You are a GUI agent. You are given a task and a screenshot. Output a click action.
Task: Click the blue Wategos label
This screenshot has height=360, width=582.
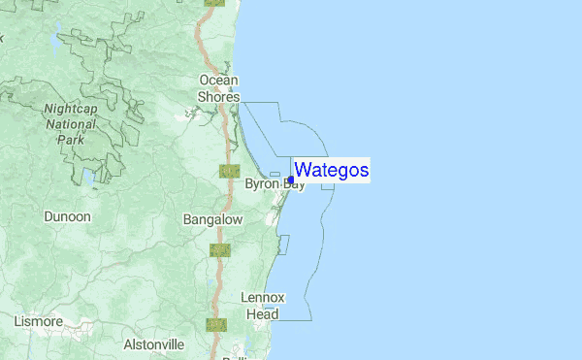pyautogui.click(x=331, y=171)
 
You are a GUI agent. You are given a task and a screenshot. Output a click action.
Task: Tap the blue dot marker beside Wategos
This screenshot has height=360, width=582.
pyautogui.click(x=291, y=180)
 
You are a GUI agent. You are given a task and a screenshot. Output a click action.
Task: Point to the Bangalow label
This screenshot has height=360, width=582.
pyautogui.click(x=212, y=220)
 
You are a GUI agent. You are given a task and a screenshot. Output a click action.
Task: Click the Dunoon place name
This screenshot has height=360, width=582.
pyautogui.click(x=67, y=217)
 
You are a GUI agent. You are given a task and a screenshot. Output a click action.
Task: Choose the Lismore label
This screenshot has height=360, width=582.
pyautogui.click(x=39, y=321)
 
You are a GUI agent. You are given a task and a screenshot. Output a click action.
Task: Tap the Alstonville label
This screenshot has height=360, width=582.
pyautogui.click(x=154, y=344)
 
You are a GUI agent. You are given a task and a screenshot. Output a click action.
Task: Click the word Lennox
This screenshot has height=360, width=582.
pyautogui.click(x=263, y=297)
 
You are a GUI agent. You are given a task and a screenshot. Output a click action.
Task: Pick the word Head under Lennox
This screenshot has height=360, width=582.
pyautogui.click(x=263, y=313)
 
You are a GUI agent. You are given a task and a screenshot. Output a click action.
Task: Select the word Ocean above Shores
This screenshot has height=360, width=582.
pyautogui.click(x=218, y=80)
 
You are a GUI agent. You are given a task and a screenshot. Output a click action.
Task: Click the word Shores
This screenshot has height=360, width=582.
pyautogui.click(x=218, y=96)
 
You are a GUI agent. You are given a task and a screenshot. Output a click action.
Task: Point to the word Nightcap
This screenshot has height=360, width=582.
pyautogui.click(x=71, y=110)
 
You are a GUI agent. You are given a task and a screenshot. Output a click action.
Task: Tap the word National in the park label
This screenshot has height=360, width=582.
pyautogui.click(x=71, y=124)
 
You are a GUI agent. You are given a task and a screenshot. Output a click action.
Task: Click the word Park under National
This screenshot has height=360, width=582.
pyautogui.click(x=71, y=139)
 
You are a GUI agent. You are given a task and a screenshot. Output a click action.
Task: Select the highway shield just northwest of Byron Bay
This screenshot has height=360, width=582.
pyautogui.click(x=229, y=171)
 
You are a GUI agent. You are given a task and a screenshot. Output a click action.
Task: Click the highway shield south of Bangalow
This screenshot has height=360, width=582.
pyautogui.click(x=220, y=250)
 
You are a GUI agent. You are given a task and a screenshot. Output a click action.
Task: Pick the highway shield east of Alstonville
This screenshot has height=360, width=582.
pyautogui.click(x=215, y=324)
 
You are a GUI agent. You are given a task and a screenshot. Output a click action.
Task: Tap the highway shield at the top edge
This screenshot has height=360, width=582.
pyautogui.click(x=214, y=3)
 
